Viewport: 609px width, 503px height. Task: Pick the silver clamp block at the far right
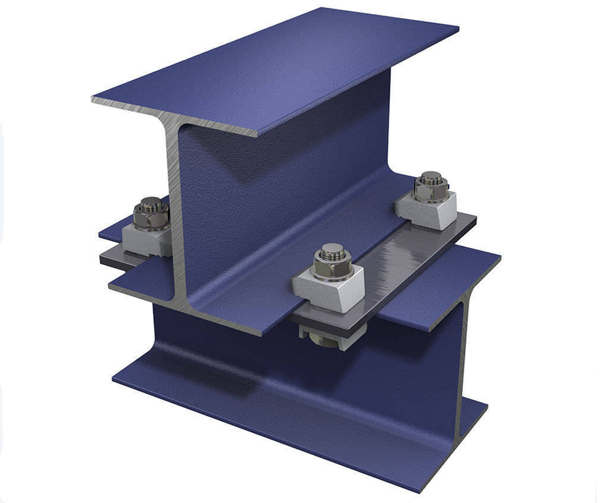pos(426,210)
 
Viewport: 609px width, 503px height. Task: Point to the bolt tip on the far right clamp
pos(430,177)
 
